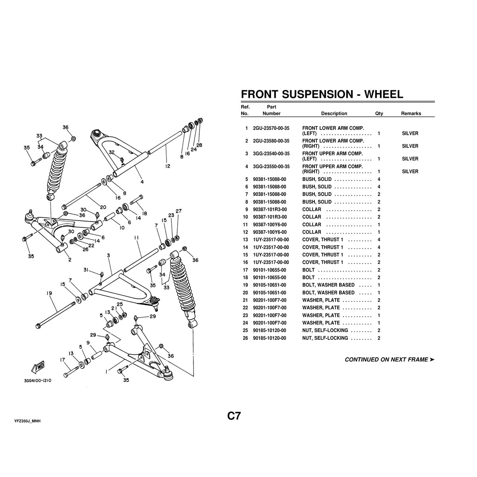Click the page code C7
[x=234, y=416]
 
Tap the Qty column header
[x=379, y=114]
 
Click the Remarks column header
[x=411, y=114]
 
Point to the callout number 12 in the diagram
[x=167, y=166]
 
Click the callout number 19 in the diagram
[x=49, y=293]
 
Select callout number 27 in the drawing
[x=178, y=211]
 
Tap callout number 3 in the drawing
[x=108, y=255]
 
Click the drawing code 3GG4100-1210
[x=37, y=380]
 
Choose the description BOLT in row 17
[x=308, y=270]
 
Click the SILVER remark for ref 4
[x=410, y=172]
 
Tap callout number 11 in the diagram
[x=136, y=238]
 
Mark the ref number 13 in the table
[x=246, y=240]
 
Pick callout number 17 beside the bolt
[x=62, y=360]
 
